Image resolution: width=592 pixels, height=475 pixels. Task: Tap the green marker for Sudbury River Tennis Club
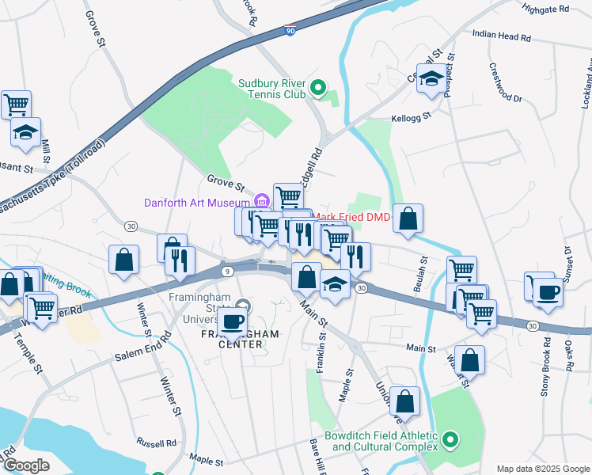click(318, 88)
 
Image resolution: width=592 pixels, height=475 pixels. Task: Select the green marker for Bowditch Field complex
click(450, 439)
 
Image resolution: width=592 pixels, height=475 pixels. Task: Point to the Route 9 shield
click(229, 271)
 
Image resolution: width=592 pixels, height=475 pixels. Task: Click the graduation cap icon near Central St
click(431, 78)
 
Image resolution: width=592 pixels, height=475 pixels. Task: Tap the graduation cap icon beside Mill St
click(25, 131)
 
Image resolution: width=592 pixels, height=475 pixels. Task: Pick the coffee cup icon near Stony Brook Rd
click(547, 291)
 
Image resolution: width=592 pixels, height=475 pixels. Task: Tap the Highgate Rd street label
click(546, 9)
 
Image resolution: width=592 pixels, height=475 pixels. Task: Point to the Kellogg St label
click(410, 116)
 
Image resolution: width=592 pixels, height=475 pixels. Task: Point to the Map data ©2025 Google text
click(542, 469)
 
